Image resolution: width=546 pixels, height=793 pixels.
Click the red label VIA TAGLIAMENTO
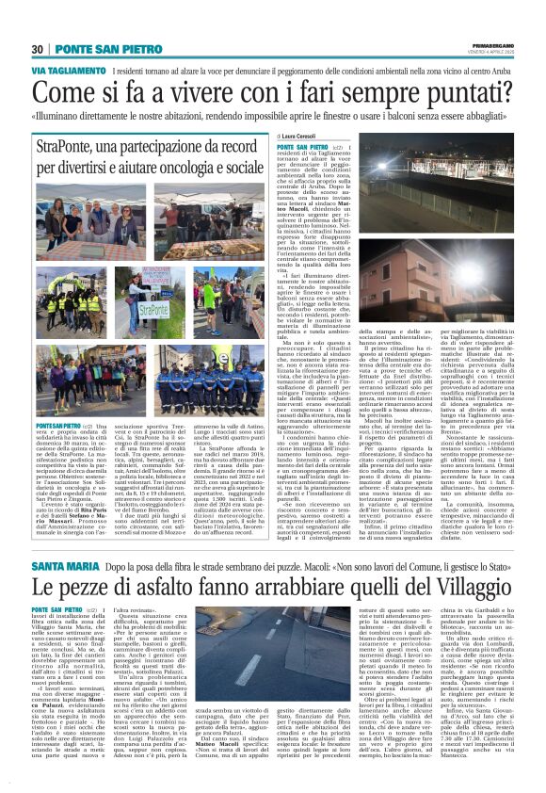[x=69, y=72]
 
